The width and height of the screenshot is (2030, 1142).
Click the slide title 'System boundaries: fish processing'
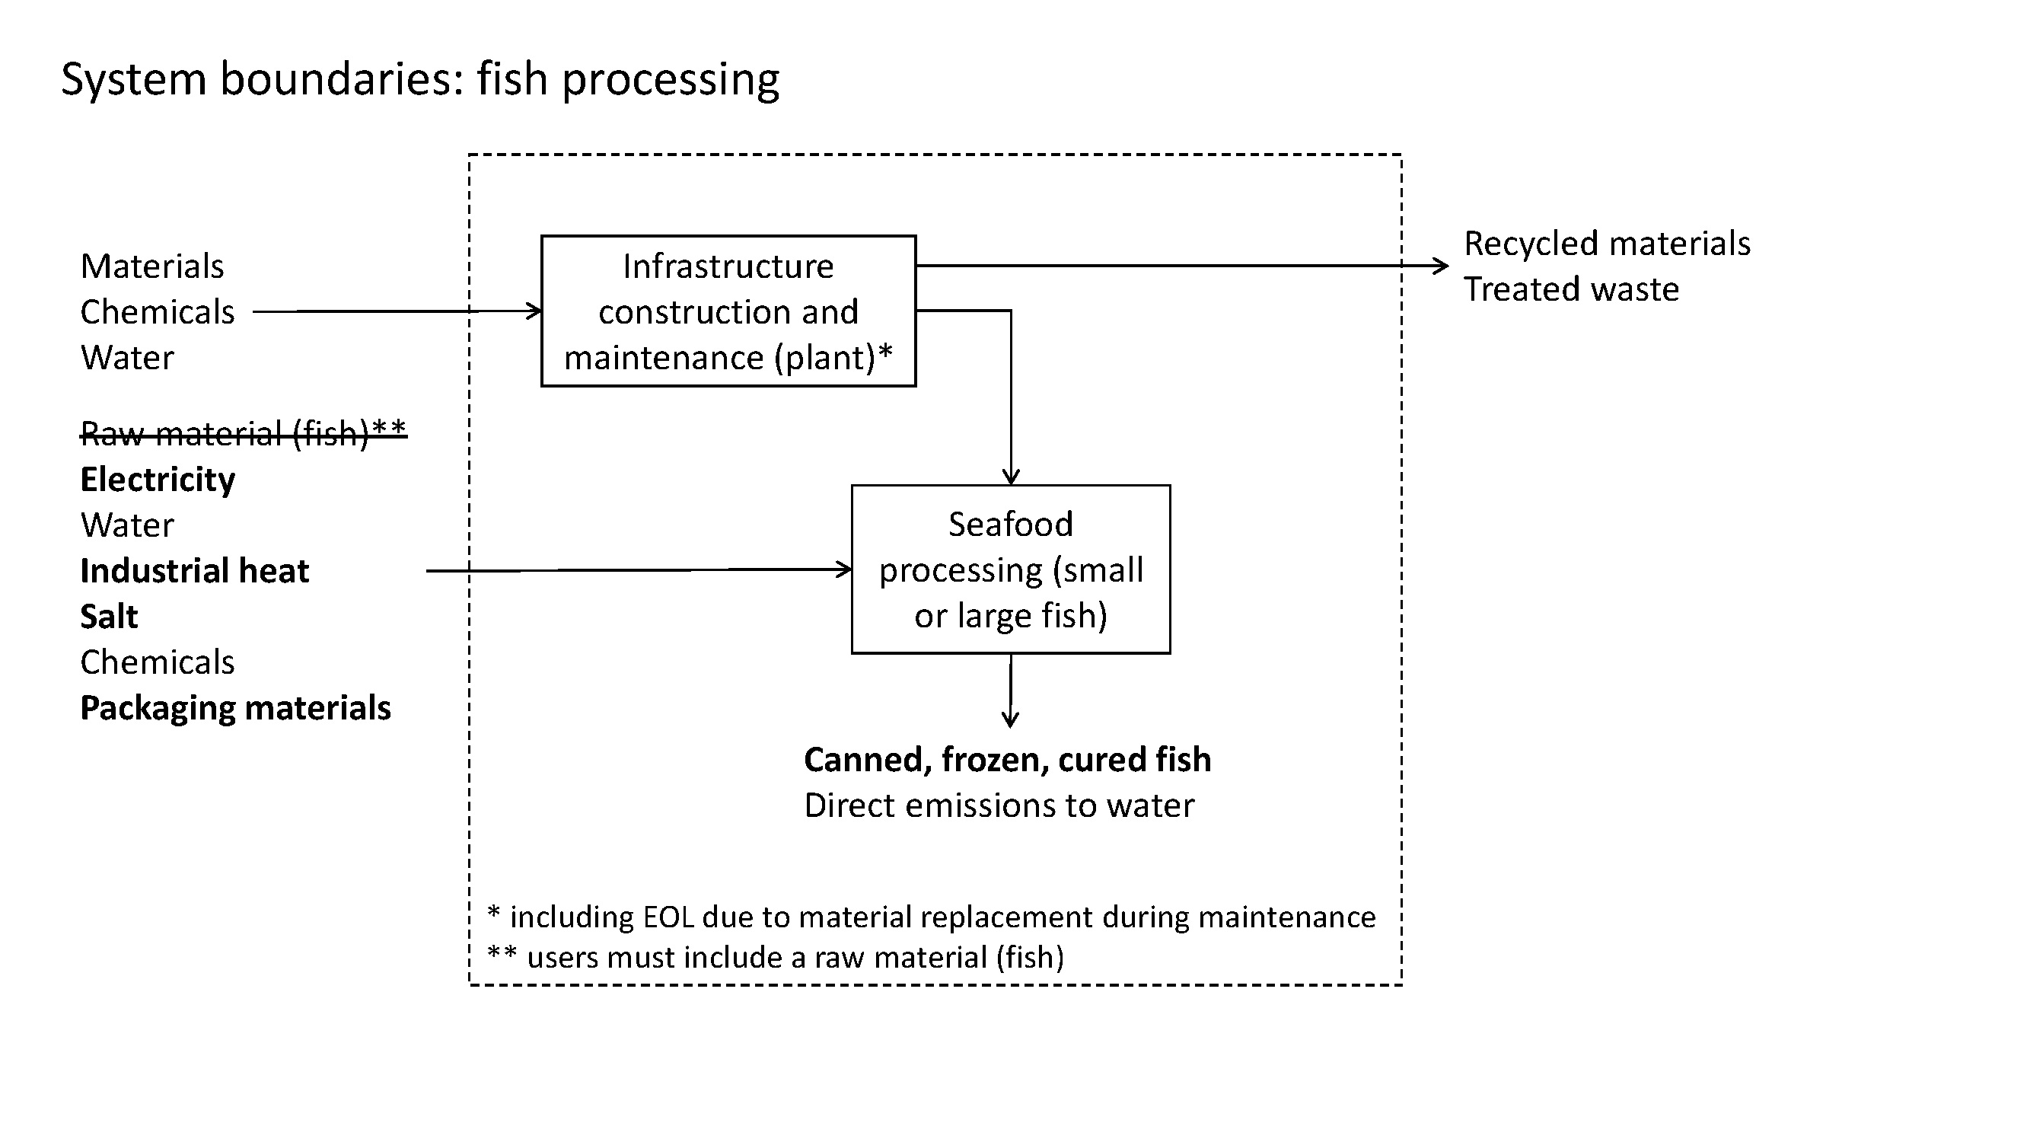(x=420, y=80)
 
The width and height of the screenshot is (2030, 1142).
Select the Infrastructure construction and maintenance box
(x=728, y=311)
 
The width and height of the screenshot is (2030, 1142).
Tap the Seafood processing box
(x=1010, y=569)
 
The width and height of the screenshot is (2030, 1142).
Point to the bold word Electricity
(x=158, y=479)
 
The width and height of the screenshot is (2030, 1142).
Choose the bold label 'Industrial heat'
(x=195, y=570)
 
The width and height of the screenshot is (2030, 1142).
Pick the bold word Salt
(x=109, y=617)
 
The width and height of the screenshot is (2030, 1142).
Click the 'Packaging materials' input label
(x=236, y=708)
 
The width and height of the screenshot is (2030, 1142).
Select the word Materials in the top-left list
(x=152, y=266)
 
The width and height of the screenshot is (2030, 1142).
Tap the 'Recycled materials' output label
(x=1607, y=244)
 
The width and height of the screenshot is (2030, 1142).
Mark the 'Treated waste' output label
(x=1571, y=289)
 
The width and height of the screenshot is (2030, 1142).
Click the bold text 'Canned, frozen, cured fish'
(x=1007, y=760)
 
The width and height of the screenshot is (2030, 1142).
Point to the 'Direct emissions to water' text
(x=999, y=805)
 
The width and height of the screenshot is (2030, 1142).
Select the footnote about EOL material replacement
(x=932, y=917)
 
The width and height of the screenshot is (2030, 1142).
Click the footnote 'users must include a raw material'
(x=776, y=957)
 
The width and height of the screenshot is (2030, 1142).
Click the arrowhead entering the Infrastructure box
(x=535, y=311)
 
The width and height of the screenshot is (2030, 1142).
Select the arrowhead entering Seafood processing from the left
(x=845, y=569)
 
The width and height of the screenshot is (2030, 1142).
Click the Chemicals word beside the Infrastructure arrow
(x=158, y=312)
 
